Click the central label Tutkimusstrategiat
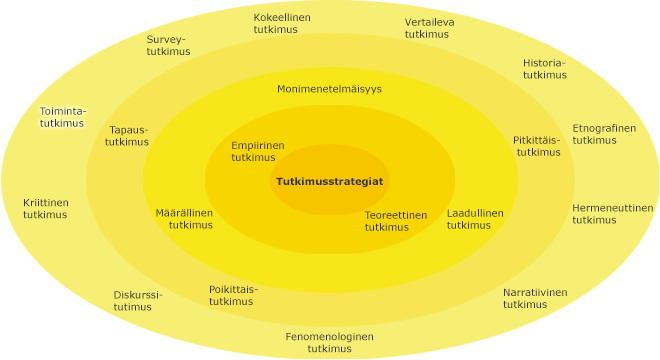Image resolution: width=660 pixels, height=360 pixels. (330, 181)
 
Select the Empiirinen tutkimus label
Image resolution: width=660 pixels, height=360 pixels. (257, 151)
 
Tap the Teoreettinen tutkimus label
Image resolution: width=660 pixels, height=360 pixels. (395, 220)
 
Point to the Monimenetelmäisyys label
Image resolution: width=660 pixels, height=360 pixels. (329, 89)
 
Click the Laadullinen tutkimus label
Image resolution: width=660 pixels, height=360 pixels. (475, 219)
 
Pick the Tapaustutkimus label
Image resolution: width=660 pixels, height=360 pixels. (127, 136)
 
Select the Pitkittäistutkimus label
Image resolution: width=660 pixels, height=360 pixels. (538, 146)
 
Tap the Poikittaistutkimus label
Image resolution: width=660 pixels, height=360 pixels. (233, 295)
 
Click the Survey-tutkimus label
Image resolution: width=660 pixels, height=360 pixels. (168, 46)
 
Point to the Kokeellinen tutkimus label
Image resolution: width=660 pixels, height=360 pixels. (282, 24)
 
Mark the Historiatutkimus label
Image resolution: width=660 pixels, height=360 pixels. (544, 69)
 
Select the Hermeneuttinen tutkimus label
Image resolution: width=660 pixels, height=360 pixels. (612, 214)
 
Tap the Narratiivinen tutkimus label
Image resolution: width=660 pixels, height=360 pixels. (534, 298)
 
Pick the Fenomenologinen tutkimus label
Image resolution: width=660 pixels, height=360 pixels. (329, 342)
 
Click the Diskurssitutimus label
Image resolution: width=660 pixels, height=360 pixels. (137, 301)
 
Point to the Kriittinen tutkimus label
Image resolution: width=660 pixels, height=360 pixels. (45, 208)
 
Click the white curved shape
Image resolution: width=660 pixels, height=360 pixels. (52, 294)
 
